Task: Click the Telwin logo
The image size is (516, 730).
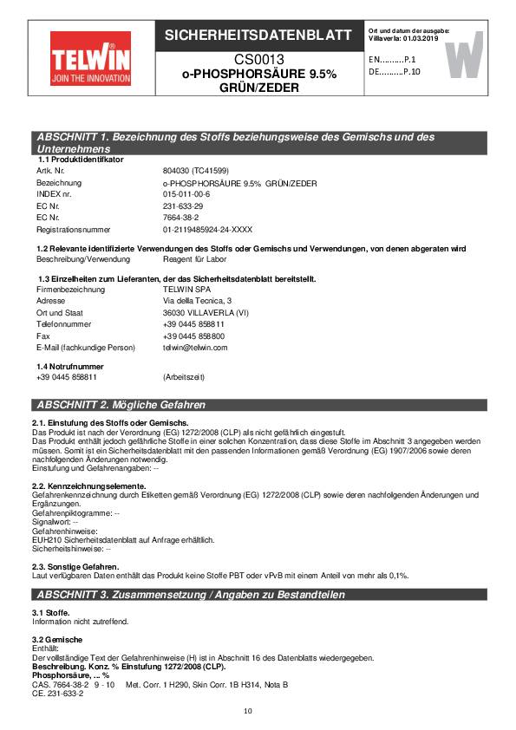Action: (85, 55)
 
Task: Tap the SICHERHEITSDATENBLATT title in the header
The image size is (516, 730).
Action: (258, 36)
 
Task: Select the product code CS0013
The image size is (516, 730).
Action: (258, 60)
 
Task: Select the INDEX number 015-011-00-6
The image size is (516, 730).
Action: (186, 194)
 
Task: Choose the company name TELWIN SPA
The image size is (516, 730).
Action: (188, 289)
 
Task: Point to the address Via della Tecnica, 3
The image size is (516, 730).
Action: (197, 300)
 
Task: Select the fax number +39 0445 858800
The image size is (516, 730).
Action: (193, 336)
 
